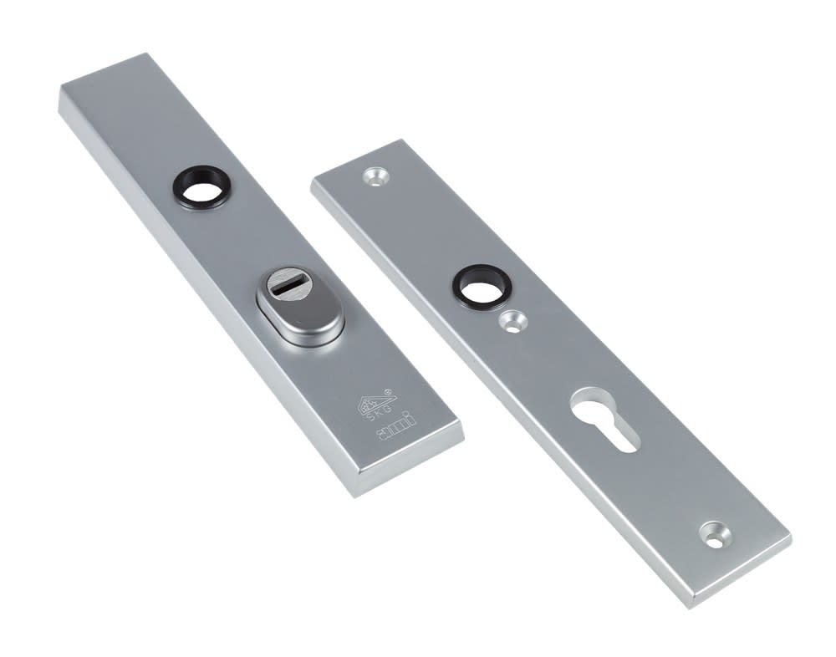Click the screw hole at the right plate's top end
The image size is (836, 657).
point(375,176)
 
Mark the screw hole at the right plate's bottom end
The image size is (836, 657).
point(713,532)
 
